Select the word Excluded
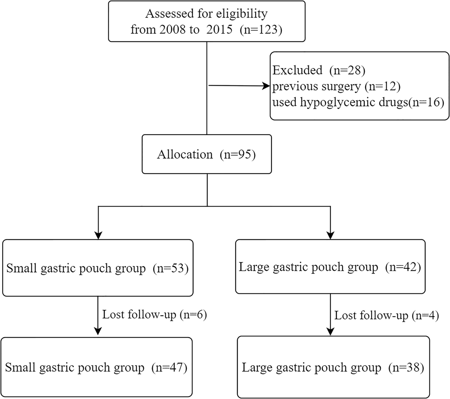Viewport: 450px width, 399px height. point(297,70)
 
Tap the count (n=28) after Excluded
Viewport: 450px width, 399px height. point(347,70)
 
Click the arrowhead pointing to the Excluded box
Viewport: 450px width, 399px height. point(266,86)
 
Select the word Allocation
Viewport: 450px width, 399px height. point(184,154)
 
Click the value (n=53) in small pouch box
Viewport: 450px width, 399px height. point(171,268)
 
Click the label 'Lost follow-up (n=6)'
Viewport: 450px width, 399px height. point(154,314)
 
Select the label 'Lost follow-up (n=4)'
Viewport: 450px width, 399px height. point(386,315)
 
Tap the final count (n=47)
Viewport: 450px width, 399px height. point(169,367)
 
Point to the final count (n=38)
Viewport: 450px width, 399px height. point(406,367)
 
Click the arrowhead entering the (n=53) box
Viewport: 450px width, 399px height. point(98,235)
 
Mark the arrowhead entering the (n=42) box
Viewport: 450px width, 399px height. point(330,235)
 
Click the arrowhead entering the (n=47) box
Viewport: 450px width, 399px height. point(98,331)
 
